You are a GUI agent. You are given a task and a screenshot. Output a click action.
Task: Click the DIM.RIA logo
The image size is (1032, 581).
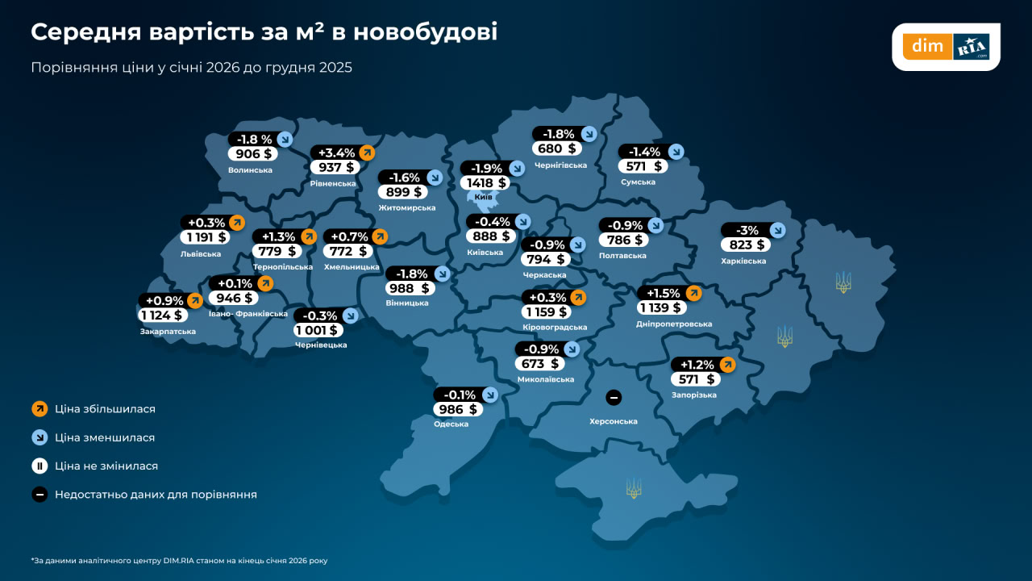coord(946,47)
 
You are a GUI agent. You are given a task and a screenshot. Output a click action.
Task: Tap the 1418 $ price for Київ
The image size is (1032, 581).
coord(482,183)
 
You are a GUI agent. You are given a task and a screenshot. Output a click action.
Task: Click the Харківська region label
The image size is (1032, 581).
coord(743,261)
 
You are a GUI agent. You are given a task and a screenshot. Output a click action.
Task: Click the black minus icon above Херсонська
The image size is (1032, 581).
coord(613,397)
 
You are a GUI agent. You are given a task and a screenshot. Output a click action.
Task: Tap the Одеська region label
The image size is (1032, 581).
coord(451,424)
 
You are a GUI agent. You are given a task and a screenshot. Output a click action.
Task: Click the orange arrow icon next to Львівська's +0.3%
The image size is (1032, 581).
coord(237,223)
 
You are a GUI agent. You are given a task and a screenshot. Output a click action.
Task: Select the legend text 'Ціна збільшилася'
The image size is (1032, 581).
coord(105,409)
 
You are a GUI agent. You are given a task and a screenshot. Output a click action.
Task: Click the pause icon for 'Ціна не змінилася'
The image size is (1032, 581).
coord(40,466)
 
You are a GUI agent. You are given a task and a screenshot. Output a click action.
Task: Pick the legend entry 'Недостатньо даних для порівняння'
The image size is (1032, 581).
coord(156,495)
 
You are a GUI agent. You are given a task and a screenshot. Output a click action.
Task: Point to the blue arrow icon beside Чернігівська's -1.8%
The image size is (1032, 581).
coord(588,134)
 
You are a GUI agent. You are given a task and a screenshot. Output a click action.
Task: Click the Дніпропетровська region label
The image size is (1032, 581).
coord(674,324)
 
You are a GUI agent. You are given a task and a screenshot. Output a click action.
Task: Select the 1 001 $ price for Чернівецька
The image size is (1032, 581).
coord(318,330)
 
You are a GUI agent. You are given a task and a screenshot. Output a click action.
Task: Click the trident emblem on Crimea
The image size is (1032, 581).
coord(635,488)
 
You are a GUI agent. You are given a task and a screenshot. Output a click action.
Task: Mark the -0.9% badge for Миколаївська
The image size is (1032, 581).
coord(538,349)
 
